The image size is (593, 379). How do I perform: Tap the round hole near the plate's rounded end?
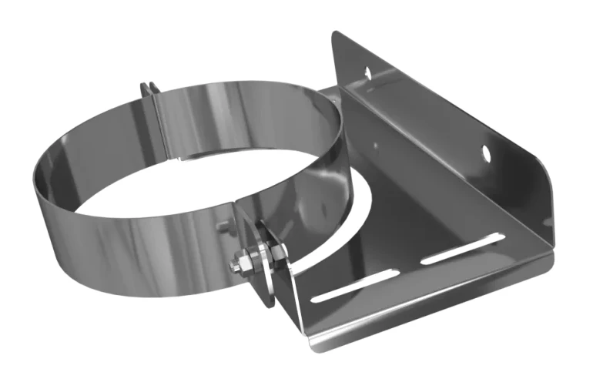click(486, 152)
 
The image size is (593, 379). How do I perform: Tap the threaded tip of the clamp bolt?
click(233, 267)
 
